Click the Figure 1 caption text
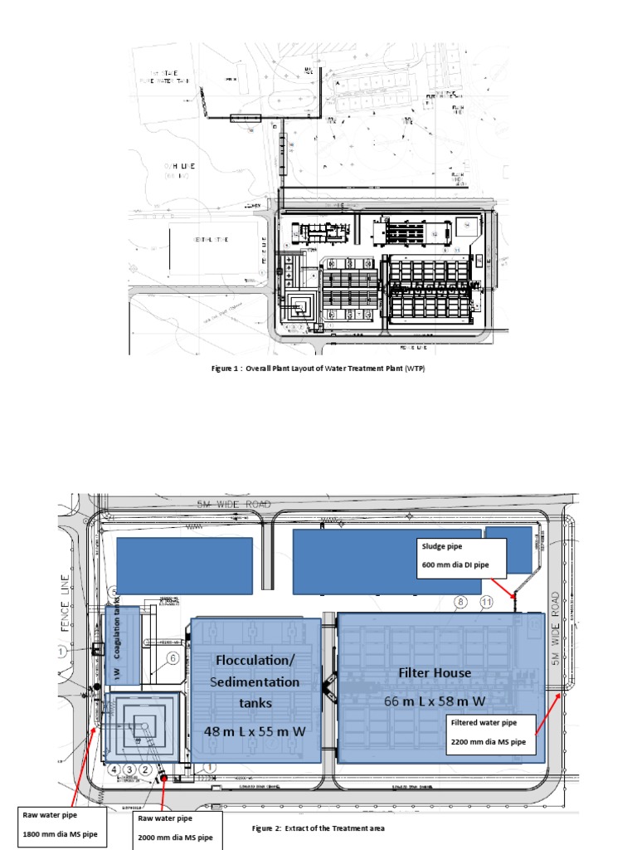[318, 369]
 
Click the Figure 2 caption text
[318, 828]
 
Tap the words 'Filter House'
[435, 673]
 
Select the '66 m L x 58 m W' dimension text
[435, 701]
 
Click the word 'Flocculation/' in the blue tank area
[255, 661]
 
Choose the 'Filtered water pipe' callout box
[490, 731]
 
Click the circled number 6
[172, 658]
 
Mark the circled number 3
[129, 769]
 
